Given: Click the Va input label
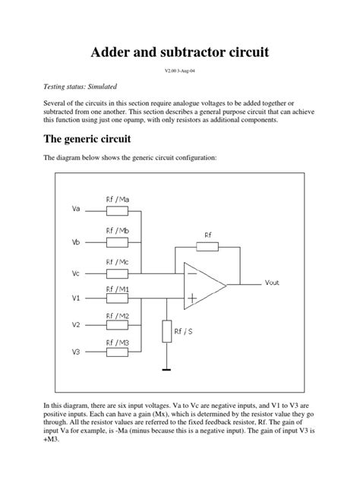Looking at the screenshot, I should (x=76, y=207).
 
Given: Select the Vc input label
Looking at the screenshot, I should (x=76, y=273).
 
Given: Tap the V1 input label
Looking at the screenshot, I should (x=76, y=298).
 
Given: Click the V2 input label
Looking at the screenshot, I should (x=76, y=325).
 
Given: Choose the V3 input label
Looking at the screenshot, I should (x=76, y=352).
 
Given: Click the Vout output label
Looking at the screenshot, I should (x=273, y=283).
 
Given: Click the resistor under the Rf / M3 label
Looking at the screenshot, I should (x=117, y=352).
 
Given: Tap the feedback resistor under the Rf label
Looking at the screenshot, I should (x=207, y=247).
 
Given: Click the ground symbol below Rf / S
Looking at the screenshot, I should (x=167, y=369).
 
